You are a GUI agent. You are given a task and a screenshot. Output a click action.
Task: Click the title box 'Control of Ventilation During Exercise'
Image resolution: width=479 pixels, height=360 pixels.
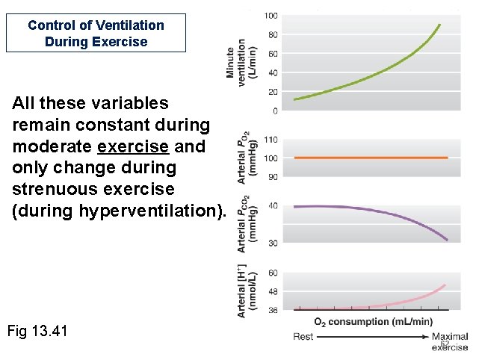tap(96, 34)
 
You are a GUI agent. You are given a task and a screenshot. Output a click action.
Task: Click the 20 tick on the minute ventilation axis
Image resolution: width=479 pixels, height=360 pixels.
tap(273, 92)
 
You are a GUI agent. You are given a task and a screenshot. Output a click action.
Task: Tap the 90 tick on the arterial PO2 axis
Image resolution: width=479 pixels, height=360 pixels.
tap(273, 176)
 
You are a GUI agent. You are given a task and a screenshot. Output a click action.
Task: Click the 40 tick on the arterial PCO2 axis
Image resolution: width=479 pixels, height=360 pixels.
tap(273, 205)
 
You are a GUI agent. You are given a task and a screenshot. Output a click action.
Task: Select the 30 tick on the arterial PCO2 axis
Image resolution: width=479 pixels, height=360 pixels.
tap(273, 243)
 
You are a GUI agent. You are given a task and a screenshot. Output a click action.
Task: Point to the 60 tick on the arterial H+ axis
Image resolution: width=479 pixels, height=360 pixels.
tap(273, 273)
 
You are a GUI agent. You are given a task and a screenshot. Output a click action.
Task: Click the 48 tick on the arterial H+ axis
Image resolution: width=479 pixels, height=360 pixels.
tap(273, 291)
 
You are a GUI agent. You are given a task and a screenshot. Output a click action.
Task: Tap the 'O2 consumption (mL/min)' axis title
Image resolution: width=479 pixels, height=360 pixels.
tap(373, 322)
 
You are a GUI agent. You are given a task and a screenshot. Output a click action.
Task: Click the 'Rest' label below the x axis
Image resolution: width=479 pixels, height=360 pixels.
tap(303, 337)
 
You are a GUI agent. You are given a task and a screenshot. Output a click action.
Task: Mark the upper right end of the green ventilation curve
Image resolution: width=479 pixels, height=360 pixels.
tap(439, 25)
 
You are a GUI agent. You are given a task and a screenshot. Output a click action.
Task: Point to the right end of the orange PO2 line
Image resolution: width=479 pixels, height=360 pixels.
tap(447, 158)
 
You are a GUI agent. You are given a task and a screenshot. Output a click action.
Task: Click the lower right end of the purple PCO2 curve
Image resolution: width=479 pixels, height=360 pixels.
tap(447, 240)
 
